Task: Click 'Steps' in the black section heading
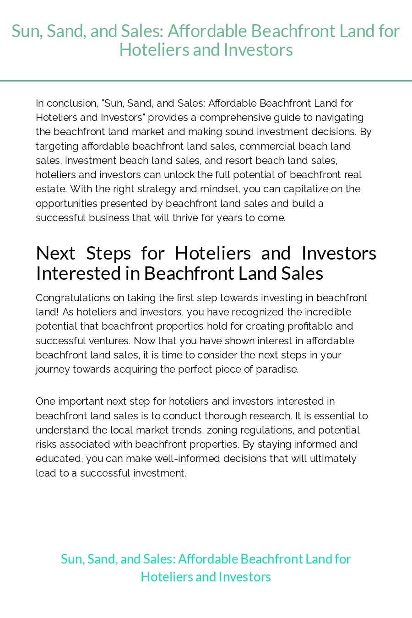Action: pos(108,253)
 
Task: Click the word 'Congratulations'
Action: pos(73,298)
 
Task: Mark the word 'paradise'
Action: pos(280,369)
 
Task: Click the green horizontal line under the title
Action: pos(206,81)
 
